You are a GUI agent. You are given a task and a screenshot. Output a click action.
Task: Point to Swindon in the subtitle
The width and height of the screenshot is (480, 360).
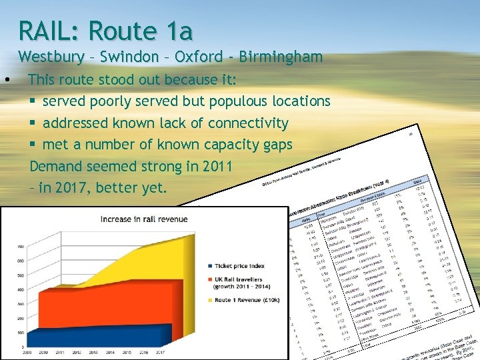click(x=128, y=57)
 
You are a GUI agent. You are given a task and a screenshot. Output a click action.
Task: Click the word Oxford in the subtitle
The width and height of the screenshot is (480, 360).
click(x=198, y=57)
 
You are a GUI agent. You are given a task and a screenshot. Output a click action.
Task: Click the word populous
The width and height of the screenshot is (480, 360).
click(x=237, y=101)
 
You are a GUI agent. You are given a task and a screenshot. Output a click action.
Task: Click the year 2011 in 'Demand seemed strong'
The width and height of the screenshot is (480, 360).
click(x=199, y=166)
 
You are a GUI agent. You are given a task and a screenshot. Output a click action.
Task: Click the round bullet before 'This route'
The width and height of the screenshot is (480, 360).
click(x=6, y=80)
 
